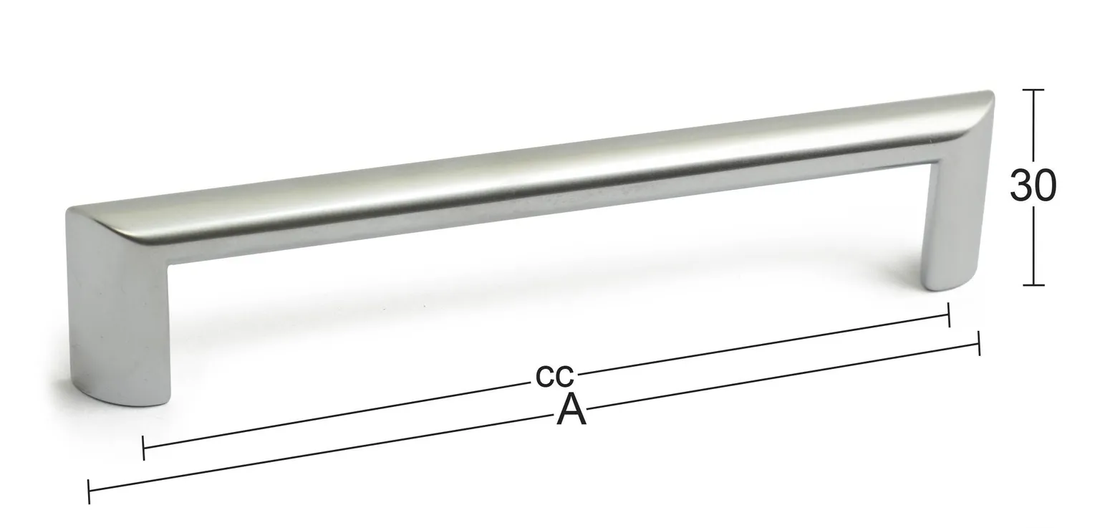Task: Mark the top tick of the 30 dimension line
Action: [1033, 90]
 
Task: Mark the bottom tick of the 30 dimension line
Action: [1033, 285]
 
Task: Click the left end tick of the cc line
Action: [144, 448]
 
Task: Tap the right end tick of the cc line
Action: [949, 315]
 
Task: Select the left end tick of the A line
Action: [88, 491]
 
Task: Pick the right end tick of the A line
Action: [978, 343]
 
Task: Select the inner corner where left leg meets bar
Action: [170, 266]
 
